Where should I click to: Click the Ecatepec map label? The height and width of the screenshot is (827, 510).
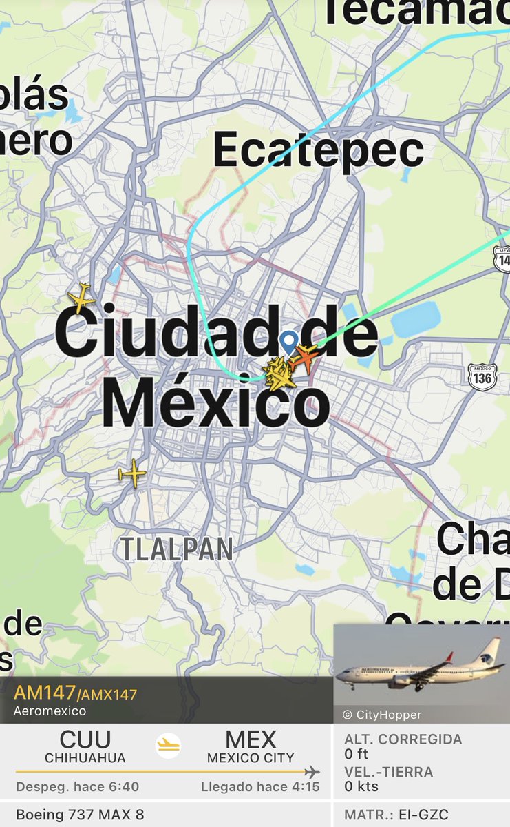click(318, 150)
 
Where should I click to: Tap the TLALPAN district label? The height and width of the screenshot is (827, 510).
click(177, 549)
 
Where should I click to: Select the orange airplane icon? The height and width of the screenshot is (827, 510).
click(304, 357)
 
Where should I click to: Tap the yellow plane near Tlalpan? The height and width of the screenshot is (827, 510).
click(132, 473)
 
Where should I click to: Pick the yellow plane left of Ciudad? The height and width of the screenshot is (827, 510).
click(81, 298)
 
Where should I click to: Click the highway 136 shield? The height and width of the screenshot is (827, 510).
click(482, 376)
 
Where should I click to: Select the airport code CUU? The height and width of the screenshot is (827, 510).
click(85, 739)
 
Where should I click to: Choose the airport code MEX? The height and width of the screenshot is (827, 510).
click(251, 739)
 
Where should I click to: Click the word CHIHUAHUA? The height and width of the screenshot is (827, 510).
click(85, 758)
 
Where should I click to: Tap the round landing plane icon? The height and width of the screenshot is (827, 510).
click(168, 746)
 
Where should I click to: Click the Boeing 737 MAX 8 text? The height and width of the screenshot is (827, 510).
click(80, 815)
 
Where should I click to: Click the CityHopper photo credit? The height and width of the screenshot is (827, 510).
click(382, 715)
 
